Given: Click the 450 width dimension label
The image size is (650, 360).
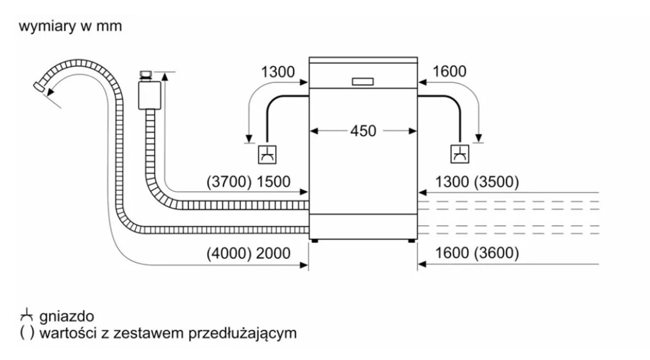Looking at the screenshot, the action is coord(363,131).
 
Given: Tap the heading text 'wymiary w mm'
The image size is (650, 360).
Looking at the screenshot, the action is coord(71,26).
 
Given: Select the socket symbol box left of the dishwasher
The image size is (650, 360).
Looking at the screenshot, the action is coord(267,154).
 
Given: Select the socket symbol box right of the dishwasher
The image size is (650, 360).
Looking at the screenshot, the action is coord(459,154).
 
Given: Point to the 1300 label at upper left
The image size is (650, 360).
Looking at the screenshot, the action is coord(278,72).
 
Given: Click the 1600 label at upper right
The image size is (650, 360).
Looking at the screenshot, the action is coord(449,71).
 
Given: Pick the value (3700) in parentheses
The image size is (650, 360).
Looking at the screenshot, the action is coord(229,182).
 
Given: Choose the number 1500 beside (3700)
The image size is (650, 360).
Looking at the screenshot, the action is coord(274,182).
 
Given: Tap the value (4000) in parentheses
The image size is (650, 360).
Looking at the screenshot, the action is coord(229,253).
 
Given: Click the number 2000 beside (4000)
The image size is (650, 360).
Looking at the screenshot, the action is coord(273,253).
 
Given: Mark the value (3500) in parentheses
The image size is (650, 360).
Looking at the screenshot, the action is coord(496,182).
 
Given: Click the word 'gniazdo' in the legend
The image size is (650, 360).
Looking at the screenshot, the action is coord(67,317).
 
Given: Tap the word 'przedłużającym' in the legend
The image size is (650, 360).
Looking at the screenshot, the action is coord(243,333).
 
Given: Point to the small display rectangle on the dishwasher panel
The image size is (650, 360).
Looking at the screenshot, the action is coord(363,82).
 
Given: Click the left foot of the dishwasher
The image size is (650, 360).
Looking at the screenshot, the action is coord(314,241).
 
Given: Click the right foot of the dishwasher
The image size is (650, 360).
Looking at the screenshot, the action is coord(412,241).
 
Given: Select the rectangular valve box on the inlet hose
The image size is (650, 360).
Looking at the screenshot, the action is coord(150,95).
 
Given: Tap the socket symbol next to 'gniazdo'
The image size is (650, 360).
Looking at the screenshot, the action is coord(27,315).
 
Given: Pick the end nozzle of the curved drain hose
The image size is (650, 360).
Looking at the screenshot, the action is coord(39,87).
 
